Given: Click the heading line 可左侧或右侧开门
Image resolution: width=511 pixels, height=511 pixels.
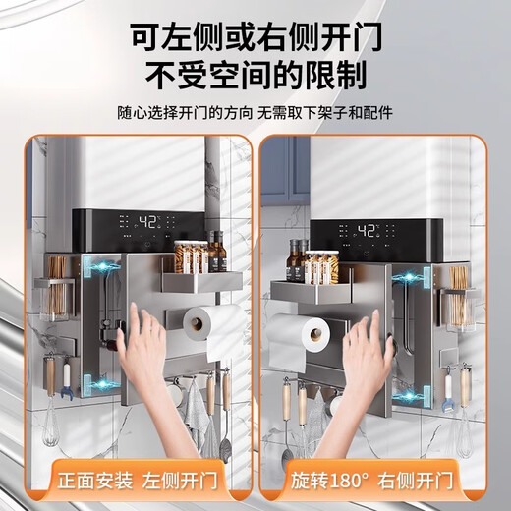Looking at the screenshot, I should [x=255, y=37].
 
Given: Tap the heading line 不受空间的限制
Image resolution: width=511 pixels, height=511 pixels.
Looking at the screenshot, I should [x=255, y=76].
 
